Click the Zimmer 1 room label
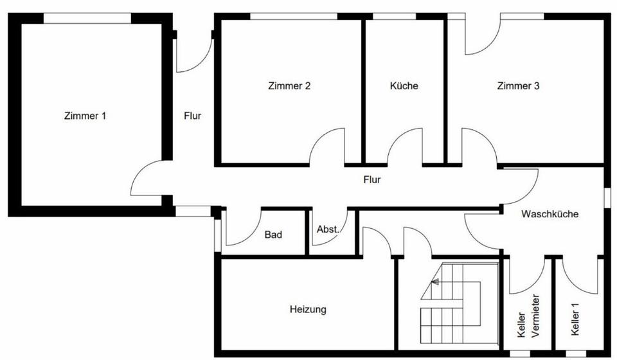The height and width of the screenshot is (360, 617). (85, 116)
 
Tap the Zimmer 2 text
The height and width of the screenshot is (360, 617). (289, 85)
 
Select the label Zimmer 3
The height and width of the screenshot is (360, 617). (518, 85)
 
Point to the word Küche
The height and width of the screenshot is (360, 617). (404, 85)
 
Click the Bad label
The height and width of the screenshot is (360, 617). (273, 235)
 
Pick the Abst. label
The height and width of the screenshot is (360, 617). (328, 230)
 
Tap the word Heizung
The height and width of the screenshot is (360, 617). (308, 309)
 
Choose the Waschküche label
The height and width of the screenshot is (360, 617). (550, 214)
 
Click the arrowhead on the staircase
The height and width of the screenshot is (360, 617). (434, 282)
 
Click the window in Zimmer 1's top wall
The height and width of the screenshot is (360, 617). (87, 18)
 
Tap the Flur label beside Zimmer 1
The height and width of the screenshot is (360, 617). (192, 116)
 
